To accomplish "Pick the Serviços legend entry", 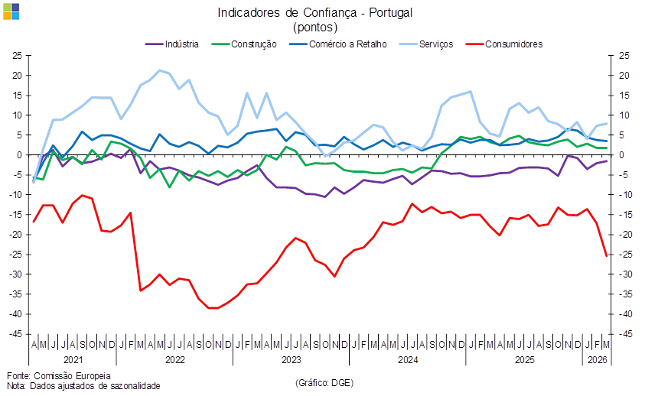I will click(435, 44).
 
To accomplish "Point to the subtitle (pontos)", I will click(315, 27).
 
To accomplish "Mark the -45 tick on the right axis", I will click(624, 334).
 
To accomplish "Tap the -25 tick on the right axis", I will click(624, 255).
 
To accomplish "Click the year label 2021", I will click(73, 359).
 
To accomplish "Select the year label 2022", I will click(175, 359).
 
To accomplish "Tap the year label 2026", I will click(597, 359).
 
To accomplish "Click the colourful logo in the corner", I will click(11, 11).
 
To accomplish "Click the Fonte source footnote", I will click(59, 375).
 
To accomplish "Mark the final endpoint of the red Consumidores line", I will click(607, 255).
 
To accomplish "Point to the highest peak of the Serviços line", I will click(159, 70).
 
